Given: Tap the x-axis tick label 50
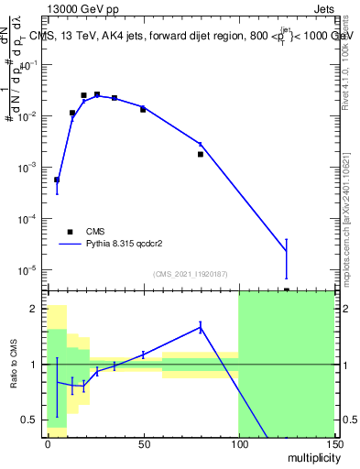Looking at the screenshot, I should (142, 443).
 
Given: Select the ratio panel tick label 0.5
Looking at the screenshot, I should (30, 420).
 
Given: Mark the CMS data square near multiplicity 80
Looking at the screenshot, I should (200, 154).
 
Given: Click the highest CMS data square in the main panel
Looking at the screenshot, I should (96, 94).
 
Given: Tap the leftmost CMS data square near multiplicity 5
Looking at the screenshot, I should (57, 180).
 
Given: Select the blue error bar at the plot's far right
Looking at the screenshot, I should (287, 258).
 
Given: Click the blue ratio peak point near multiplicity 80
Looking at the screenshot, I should (200, 326).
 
